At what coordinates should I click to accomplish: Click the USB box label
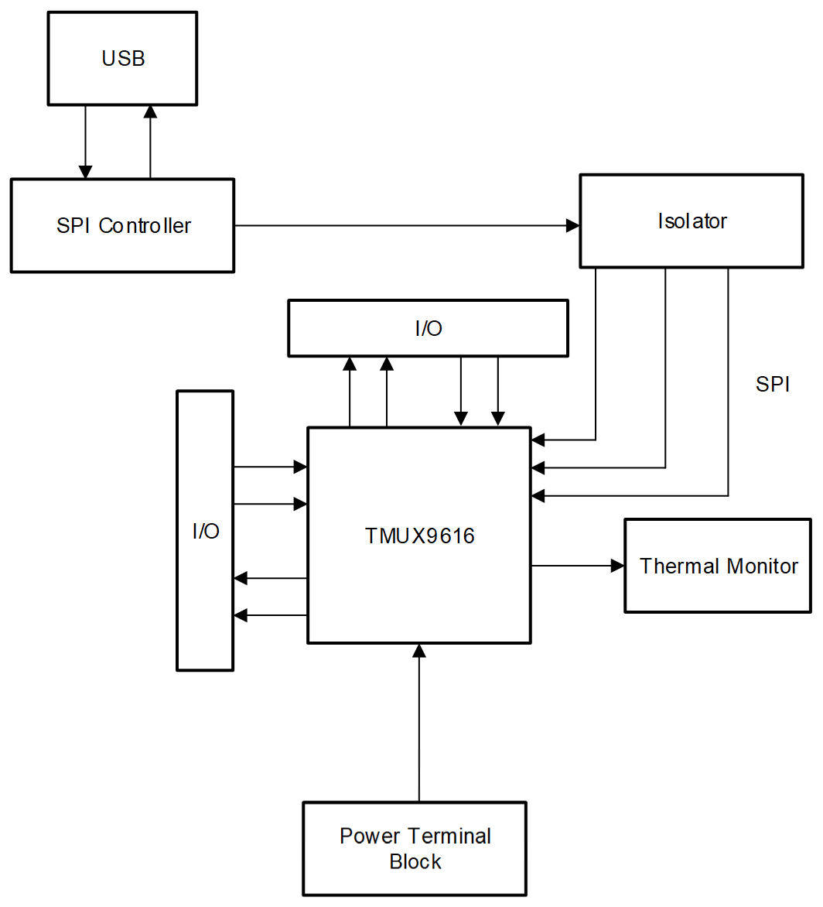[123, 59]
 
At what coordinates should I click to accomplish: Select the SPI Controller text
[123, 226]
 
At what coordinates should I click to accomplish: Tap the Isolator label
[692, 221]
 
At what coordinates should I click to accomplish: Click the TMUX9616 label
[419, 536]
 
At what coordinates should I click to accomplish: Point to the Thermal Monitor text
[718, 566]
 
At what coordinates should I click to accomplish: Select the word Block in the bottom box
[415, 862]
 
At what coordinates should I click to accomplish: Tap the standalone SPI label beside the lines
[772, 385]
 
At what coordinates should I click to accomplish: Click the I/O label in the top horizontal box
[428, 329]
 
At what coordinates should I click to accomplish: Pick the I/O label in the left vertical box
[205, 532]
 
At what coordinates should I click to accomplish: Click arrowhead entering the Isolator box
[573, 226]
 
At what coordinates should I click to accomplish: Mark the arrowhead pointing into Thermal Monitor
[617, 566]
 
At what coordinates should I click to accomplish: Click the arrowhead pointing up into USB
[150, 111]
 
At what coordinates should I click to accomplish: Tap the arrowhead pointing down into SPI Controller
[86, 172]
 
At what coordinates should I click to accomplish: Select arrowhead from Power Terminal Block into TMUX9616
[419, 651]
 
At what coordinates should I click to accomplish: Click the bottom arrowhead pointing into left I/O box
[241, 615]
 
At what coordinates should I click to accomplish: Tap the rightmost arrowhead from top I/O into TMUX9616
[498, 419]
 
